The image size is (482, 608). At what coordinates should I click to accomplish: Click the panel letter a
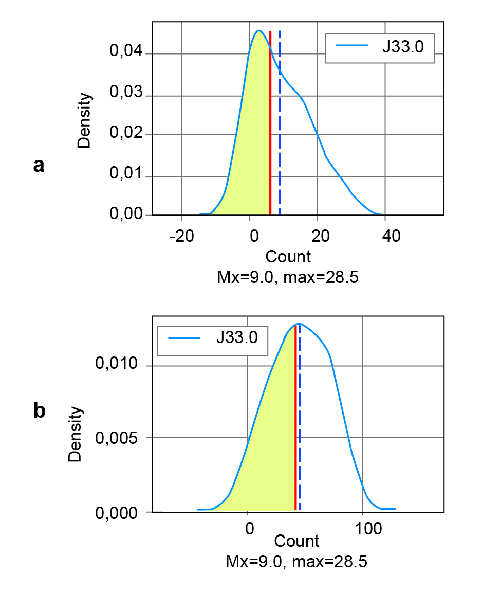coord(39,165)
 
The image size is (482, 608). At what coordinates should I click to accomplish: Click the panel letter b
coord(39,412)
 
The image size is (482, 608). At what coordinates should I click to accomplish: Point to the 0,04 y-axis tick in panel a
coord(128,54)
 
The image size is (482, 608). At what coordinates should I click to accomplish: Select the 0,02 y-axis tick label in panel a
coord(128,135)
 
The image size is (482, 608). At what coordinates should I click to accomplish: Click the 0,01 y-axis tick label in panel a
coord(128,177)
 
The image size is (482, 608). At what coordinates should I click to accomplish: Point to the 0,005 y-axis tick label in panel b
coord(117,438)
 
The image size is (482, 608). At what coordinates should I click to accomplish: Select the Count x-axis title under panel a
coord(288,256)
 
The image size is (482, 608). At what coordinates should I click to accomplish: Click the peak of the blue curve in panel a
coord(259,30)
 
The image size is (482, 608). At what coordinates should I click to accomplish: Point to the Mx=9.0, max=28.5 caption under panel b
coord(296,561)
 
